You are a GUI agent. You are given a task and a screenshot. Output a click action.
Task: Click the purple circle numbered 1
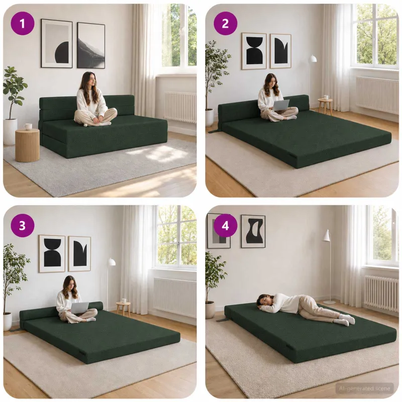(22, 24)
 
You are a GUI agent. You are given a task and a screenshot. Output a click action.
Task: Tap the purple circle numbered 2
(225, 24)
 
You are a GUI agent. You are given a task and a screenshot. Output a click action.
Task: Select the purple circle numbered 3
(22, 226)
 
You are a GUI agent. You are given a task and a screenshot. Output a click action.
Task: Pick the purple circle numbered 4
(225, 226)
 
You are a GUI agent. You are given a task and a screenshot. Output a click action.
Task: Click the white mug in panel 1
(28, 127)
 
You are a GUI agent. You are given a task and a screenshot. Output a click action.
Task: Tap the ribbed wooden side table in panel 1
(28, 145)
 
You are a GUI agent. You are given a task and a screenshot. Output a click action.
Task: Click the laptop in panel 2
(281, 106)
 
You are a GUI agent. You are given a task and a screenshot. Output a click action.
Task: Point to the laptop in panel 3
(79, 308)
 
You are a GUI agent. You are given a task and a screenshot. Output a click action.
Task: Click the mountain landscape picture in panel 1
(91, 45)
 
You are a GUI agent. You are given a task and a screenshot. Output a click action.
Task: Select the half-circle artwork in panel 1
(57, 43)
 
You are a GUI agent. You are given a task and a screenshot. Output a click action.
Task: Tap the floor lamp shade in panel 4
(326, 235)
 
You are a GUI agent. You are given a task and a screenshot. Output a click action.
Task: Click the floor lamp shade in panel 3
(112, 262)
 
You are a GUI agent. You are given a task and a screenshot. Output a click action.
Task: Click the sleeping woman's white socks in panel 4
(347, 319)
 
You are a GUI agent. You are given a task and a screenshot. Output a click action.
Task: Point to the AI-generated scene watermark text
(365, 388)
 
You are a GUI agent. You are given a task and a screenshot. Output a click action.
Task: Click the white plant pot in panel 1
(10, 131)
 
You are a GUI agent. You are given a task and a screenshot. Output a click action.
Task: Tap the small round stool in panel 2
(325, 106)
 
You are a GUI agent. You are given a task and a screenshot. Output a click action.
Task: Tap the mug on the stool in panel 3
(124, 300)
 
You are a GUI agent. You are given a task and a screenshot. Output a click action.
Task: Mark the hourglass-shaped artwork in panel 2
(254, 51)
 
